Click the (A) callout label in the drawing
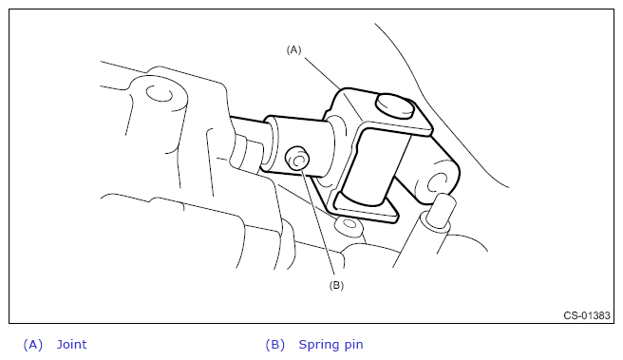(x=294, y=49)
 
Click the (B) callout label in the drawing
(x=336, y=285)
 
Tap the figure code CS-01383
(x=587, y=315)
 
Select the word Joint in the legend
(x=71, y=344)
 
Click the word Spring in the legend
(x=319, y=345)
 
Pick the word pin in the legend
(x=353, y=345)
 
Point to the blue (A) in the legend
(x=33, y=345)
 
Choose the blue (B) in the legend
(x=275, y=345)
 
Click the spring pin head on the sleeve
(x=297, y=159)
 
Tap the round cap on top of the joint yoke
(x=395, y=105)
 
